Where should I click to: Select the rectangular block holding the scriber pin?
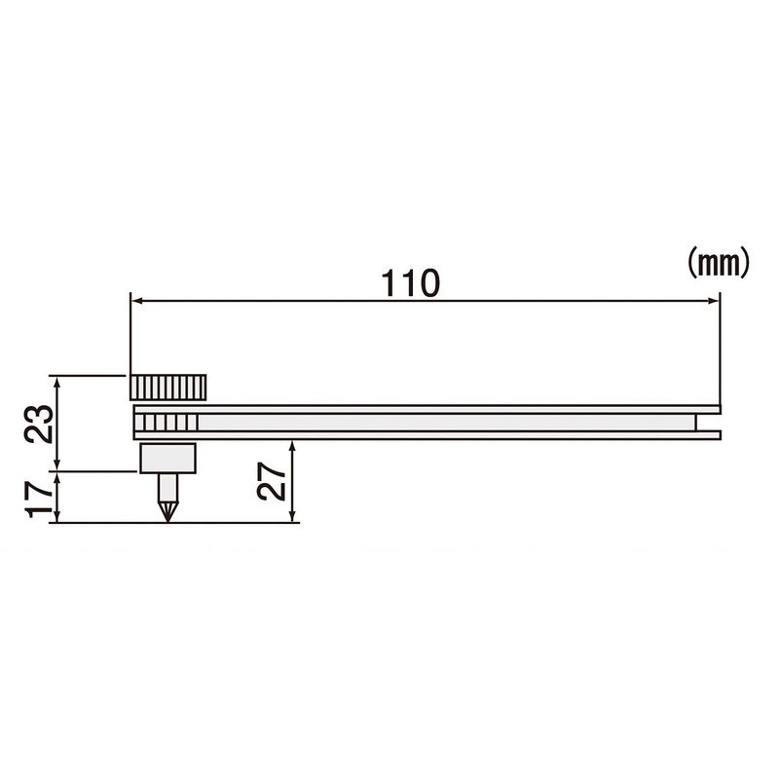(168, 458)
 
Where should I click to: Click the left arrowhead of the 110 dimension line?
(136, 301)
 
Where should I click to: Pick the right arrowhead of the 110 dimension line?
(714, 301)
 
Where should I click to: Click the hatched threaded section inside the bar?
(169, 423)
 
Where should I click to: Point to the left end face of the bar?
(133, 423)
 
